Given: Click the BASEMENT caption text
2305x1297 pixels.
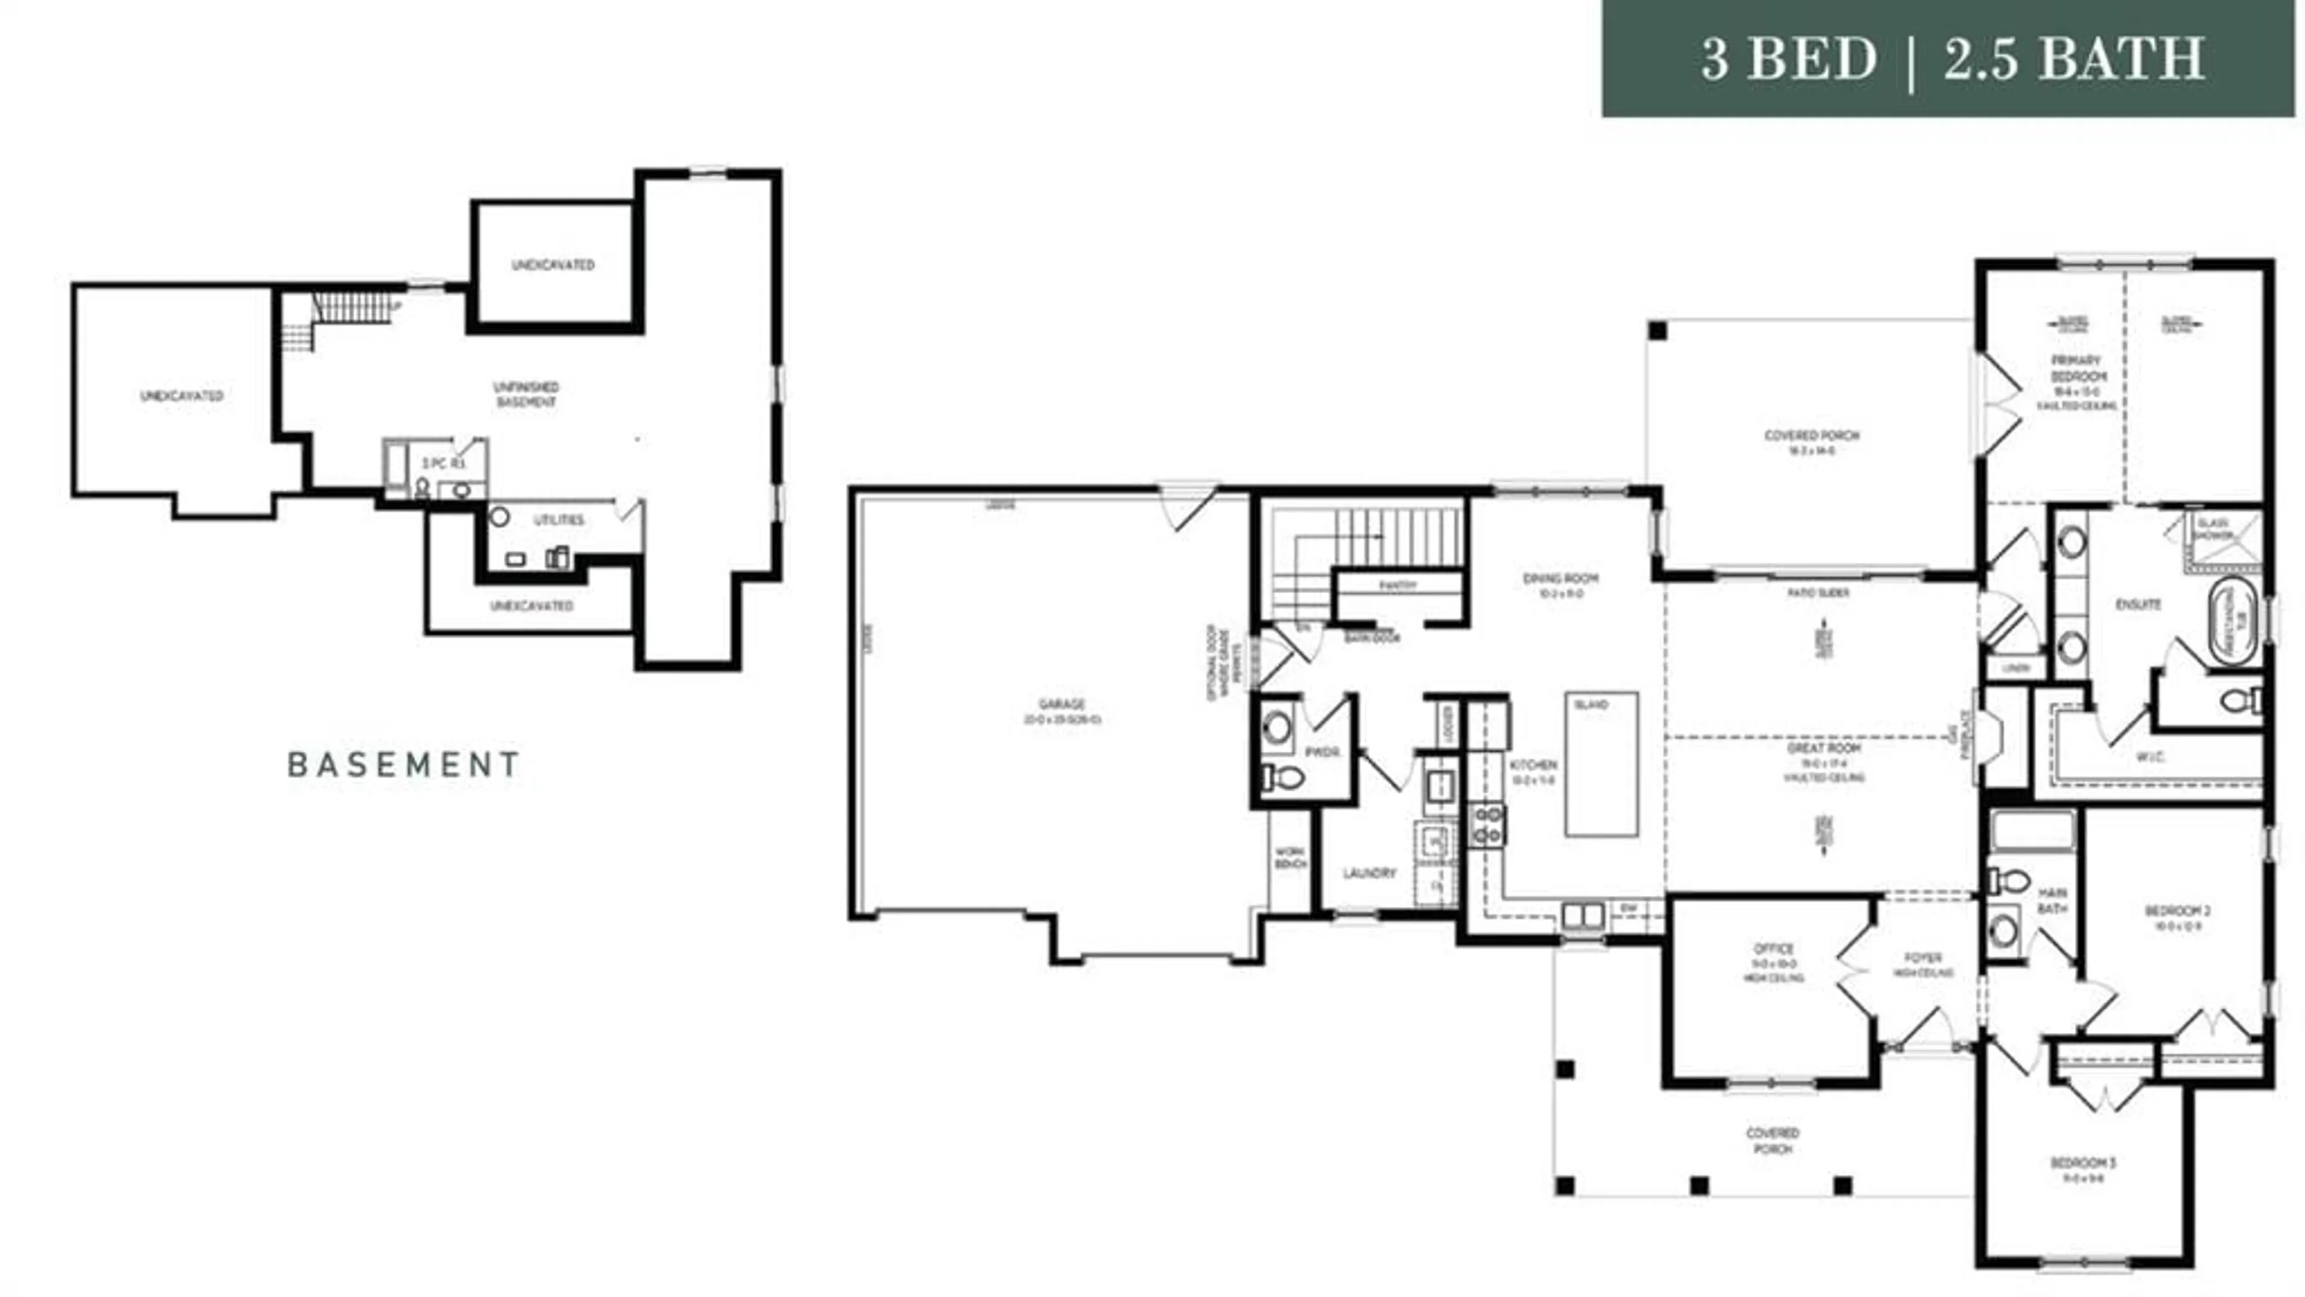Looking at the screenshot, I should point(403,764).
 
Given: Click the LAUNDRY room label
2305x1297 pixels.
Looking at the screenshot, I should point(1369,872).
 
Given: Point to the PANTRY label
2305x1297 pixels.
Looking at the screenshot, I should point(1397,585).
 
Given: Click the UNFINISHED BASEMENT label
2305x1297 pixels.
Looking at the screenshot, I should point(526,394).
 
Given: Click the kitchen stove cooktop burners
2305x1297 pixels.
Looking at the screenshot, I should point(1487,824).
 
